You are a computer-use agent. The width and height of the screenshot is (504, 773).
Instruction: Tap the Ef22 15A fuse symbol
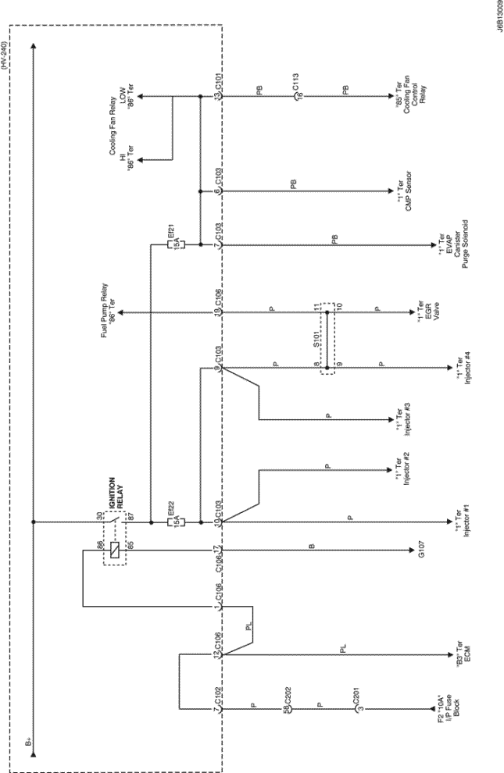point(177,521)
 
